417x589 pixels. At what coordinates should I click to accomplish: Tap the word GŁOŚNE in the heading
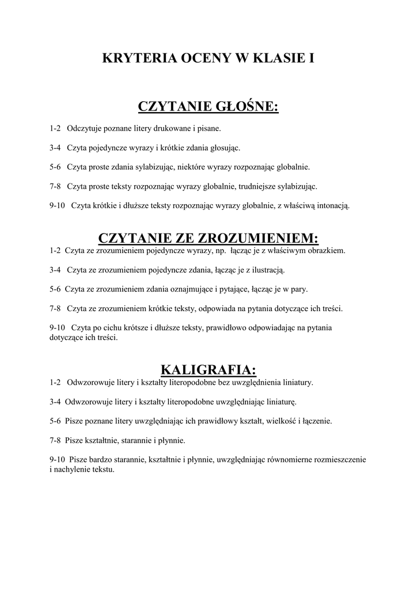pyautogui.click(x=247, y=106)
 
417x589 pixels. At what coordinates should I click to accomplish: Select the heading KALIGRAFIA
pyautogui.click(x=208, y=368)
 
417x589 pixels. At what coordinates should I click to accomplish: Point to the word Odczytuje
pyautogui.click(x=84, y=128)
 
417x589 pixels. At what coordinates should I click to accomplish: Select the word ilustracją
pyautogui.click(x=265, y=269)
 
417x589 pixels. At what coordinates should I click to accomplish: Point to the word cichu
pyautogui.click(x=124, y=327)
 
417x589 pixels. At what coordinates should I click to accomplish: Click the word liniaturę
pyautogui.click(x=279, y=401)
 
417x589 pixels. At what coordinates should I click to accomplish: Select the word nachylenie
pyautogui.click(x=73, y=469)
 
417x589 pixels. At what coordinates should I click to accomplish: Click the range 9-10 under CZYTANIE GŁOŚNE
pyautogui.click(x=58, y=205)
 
